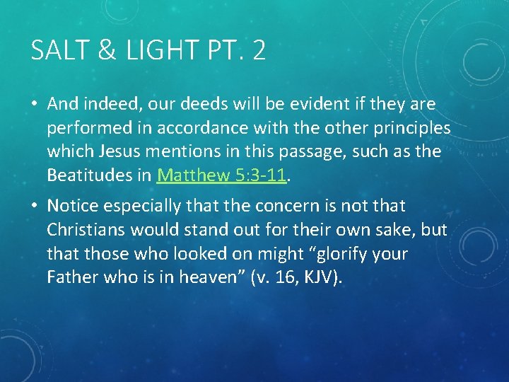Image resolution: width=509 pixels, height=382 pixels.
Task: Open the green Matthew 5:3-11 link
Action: coord(221,175)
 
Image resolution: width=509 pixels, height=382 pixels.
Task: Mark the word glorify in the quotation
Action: coord(332,253)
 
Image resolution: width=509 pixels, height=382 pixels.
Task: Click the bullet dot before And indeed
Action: coord(33,105)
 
